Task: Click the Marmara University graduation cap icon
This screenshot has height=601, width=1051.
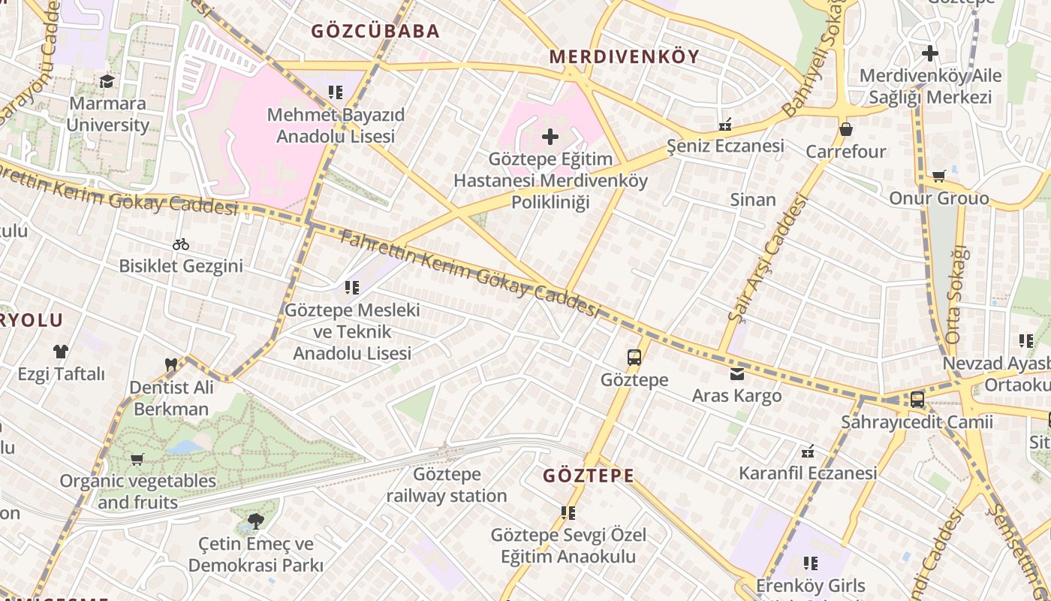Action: click(107, 80)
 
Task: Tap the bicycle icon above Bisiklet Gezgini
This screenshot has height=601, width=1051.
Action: click(180, 244)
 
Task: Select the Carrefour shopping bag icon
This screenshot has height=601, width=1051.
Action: click(846, 129)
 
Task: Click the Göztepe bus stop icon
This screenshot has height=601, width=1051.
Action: click(634, 358)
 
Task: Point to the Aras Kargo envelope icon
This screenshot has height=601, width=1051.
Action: click(736, 373)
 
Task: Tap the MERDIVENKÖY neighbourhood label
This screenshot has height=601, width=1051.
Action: click(624, 56)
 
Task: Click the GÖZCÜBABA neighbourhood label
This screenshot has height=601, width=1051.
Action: click(375, 31)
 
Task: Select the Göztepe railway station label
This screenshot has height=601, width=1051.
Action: click(447, 485)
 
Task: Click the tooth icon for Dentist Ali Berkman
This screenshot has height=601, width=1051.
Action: click(171, 365)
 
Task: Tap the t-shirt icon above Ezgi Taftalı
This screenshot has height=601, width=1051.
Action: click(61, 351)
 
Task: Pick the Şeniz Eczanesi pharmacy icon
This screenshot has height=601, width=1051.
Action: click(725, 125)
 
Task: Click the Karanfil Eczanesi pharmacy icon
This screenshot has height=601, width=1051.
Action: click(808, 452)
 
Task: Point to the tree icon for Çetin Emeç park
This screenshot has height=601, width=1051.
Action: click(255, 521)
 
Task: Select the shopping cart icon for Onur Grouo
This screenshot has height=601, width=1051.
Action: click(938, 176)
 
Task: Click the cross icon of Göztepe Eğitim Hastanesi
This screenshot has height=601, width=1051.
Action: click(550, 137)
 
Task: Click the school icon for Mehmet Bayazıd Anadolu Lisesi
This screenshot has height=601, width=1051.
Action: click(336, 92)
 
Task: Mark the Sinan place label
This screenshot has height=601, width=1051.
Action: click(753, 199)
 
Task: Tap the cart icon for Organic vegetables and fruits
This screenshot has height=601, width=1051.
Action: click(137, 459)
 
